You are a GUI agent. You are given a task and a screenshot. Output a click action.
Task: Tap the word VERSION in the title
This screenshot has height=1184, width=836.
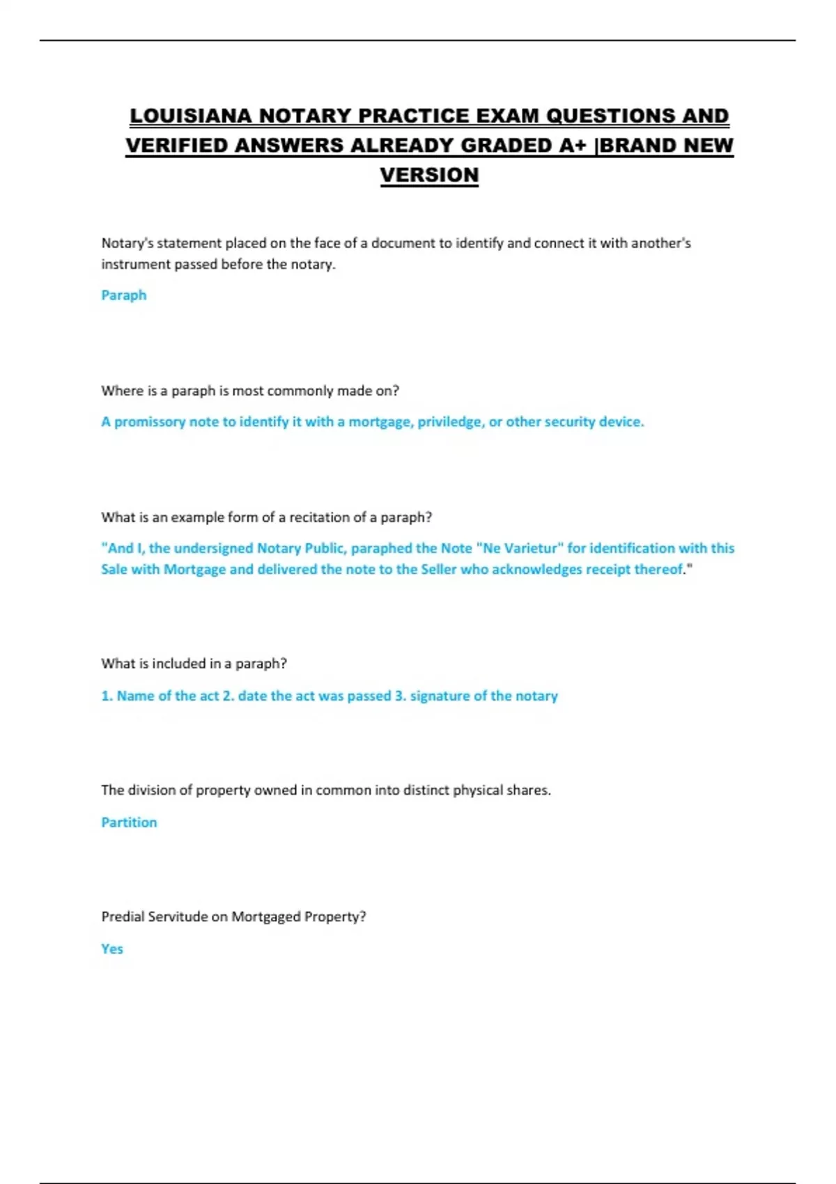(429, 175)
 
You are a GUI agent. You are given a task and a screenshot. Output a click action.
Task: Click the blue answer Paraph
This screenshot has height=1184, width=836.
(124, 295)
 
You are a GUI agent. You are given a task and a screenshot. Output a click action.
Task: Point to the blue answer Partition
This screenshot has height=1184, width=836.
(129, 823)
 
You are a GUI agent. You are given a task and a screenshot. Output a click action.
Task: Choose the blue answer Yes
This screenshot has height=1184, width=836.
(112, 949)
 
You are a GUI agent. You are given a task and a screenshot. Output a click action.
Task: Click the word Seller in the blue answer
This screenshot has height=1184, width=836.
(438, 570)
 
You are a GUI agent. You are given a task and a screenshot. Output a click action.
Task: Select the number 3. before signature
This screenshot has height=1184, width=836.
(401, 696)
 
